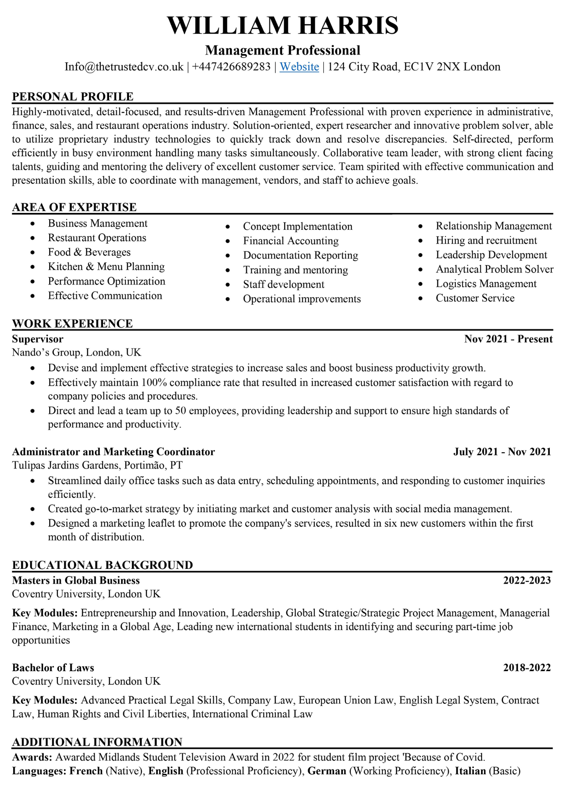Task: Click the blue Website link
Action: point(299,67)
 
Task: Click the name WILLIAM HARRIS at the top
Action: point(282,25)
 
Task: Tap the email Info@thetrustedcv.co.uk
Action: point(124,67)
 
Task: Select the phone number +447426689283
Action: point(231,67)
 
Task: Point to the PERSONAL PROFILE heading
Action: point(73,97)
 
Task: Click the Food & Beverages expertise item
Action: point(89,252)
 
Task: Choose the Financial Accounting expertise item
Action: point(290,241)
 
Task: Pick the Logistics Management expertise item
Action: point(486,284)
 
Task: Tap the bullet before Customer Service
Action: point(420,298)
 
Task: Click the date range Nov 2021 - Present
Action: point(508,339)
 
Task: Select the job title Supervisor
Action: point(38,339)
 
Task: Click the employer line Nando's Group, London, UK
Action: point(76,352)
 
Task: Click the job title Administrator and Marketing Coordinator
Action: point(113,452)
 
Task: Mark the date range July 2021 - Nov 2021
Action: point(502,452)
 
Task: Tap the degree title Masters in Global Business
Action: point(76,580)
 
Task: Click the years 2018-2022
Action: point(527,668)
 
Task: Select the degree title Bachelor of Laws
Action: point(53,668)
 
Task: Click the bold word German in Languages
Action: point(327,771)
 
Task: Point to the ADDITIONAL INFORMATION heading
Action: point(97,742)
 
